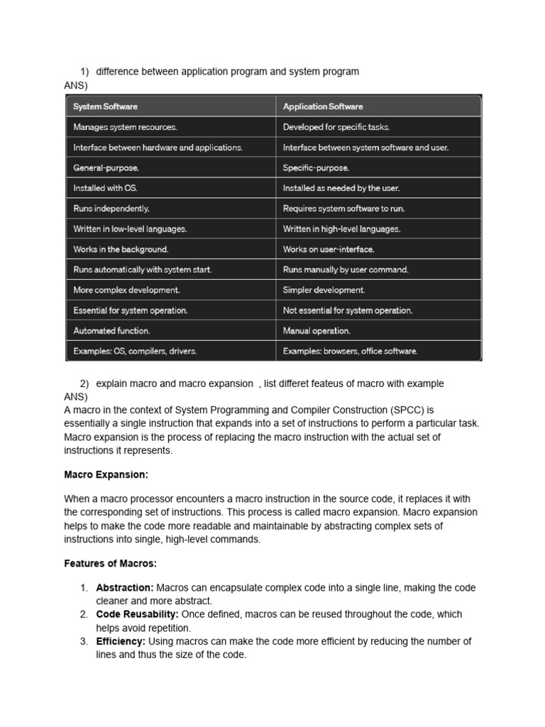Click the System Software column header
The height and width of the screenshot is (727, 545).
[106, 106]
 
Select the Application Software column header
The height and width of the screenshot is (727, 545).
[323, 106]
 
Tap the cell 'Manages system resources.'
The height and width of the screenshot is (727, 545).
[126, 127]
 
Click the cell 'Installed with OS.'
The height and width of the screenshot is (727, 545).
[105, 188]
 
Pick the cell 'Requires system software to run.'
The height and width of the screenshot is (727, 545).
[343, 209]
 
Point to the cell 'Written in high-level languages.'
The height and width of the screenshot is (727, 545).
[341, 229]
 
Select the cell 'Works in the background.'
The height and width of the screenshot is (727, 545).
[121, 249]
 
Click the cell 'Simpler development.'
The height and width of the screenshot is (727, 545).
[324, 290]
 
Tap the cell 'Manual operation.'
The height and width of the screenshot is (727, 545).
[316, 331]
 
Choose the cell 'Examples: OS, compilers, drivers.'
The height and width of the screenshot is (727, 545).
[136, 351]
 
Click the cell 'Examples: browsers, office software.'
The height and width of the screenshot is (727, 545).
[351, 351]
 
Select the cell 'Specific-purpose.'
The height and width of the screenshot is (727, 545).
[316, 168]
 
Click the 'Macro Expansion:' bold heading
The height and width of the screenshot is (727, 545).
[106, 474]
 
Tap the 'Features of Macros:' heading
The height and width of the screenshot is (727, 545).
[110, 563]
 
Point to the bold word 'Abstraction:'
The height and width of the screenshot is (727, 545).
[125, 588]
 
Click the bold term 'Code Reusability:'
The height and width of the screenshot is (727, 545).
[138, 614]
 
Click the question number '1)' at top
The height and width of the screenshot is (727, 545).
[84, 72]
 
